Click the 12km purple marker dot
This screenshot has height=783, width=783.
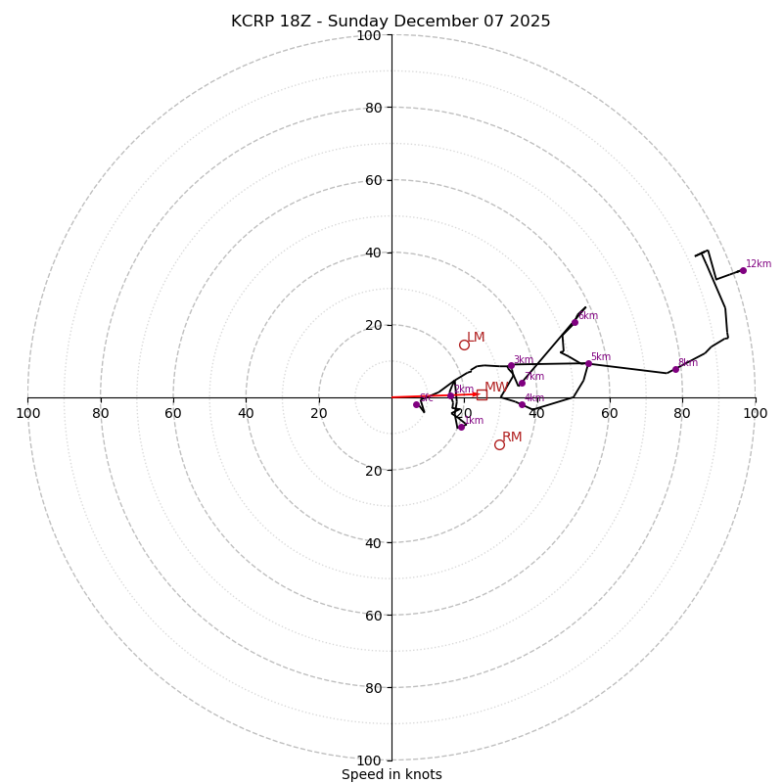[x=743, y=270]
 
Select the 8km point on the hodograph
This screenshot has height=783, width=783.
[x=675, y=369]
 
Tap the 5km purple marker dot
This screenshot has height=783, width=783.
[x=588, y=364]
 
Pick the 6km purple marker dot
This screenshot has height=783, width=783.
[x=575, y=322]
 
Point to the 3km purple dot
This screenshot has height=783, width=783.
[x=511, y=366]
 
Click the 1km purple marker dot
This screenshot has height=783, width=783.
[x=461, y=427]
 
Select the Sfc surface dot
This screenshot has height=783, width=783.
[x=416, y=404]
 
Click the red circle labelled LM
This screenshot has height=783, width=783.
[x=464, y=345]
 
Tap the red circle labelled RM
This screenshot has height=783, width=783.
[x=499, y=444]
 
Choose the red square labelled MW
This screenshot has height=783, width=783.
[x=482, y=394]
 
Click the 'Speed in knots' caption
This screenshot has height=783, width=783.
[x=391, y=774]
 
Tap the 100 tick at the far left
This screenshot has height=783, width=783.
[x=27, y=413]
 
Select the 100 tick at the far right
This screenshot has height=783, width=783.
[x=755, y=413]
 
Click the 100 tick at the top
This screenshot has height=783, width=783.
[x=369, y=35]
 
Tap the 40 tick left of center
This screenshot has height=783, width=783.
[x=246, y=413]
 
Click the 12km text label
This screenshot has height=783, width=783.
[x=759, y=264]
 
